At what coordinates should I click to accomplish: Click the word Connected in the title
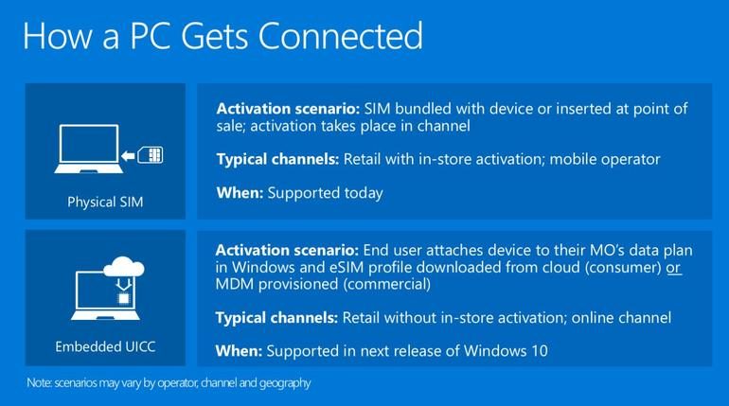tap(340, 36)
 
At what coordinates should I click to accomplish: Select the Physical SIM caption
tap(105, 203)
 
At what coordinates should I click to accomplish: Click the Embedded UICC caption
tap(105, 346)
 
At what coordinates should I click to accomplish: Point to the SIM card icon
tap(151, 155)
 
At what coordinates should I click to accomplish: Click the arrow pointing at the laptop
tap(128, 156)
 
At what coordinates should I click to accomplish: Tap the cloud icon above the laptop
tap(124, 267)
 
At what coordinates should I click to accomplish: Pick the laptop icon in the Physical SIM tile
tap(88, 149)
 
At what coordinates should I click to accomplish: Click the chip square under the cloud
tap(124, 298)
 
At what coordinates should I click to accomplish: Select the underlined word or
tap(674, 268)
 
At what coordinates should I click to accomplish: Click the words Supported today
tap(325, 193)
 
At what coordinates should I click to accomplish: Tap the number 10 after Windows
tap(540, 351)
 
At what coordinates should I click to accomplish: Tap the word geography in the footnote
tap(285, 383)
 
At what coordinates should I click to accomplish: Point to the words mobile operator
tap(605, 159)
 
